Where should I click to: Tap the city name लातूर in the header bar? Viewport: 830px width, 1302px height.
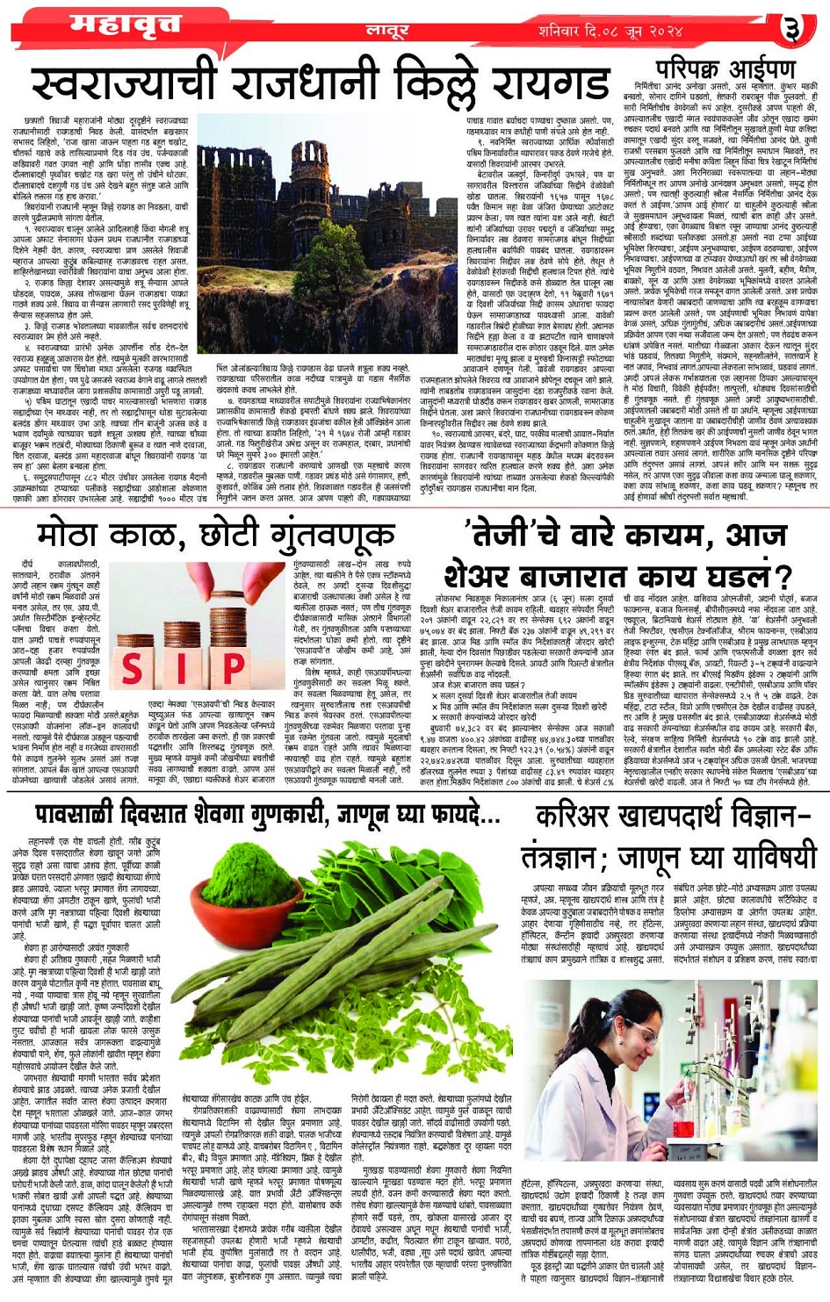(x=387, y=32)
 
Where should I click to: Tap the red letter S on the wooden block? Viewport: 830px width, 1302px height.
(x=132, y=668)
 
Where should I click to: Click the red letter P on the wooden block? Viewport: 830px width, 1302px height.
(x=233, y=668)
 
